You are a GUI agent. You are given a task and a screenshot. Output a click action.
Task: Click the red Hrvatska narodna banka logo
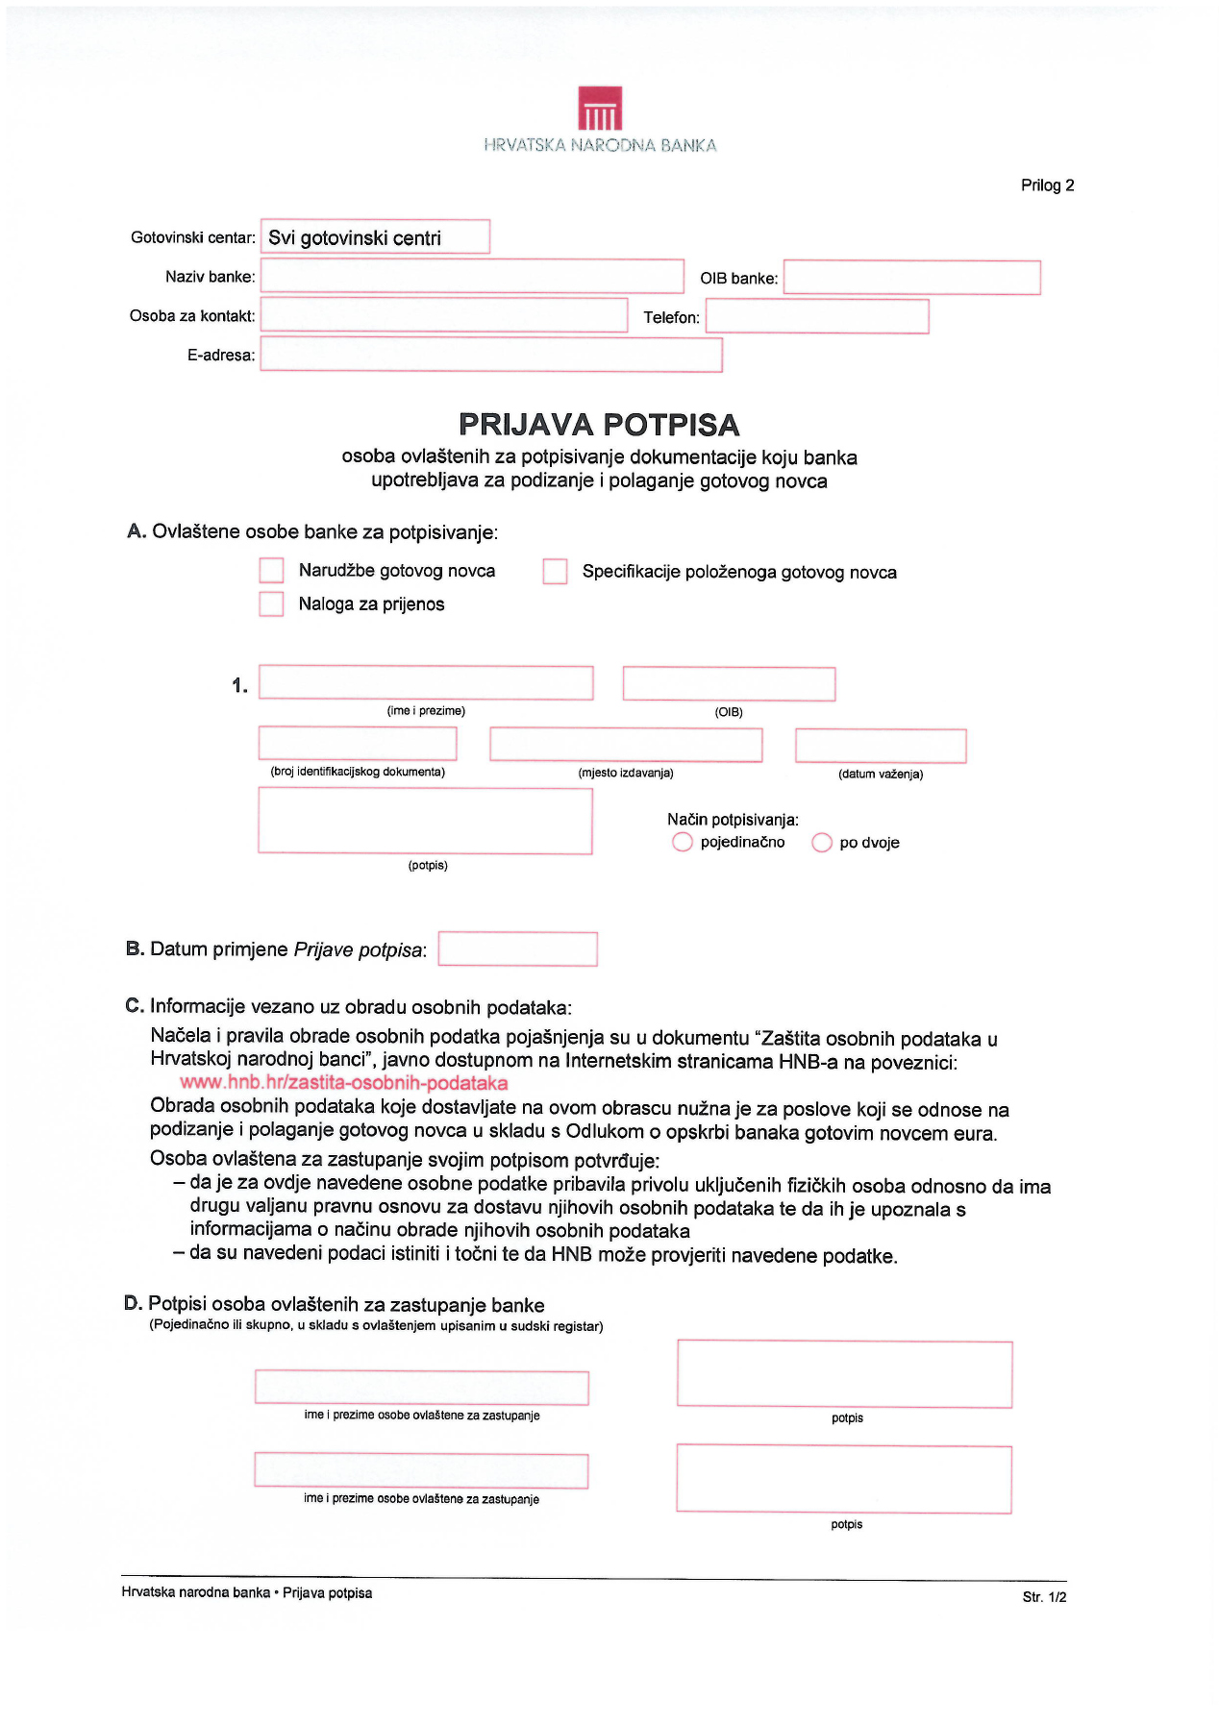600,109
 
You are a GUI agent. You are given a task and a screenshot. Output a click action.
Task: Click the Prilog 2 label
1047,185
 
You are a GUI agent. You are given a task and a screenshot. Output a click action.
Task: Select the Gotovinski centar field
375,237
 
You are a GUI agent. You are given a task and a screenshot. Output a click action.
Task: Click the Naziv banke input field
472,277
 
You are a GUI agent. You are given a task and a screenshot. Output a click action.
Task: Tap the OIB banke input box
911,278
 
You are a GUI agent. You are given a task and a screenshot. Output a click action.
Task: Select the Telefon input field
817,317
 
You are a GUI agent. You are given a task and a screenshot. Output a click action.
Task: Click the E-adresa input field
491,355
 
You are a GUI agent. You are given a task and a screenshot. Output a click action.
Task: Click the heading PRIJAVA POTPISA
599,425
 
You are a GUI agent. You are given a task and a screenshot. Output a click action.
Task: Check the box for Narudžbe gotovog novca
272,571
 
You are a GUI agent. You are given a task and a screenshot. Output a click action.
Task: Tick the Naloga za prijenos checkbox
272,604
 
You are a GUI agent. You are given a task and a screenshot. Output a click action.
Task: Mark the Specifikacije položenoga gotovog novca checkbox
555,572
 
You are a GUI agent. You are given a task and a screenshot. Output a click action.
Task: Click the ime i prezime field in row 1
426,683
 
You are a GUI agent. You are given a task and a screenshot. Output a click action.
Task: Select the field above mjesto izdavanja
626,746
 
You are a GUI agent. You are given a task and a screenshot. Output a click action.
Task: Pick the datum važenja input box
881,747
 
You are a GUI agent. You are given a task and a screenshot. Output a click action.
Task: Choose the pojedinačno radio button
683,843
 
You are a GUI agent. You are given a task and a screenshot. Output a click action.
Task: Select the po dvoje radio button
822,843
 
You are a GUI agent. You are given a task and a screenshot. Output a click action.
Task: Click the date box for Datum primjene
517,949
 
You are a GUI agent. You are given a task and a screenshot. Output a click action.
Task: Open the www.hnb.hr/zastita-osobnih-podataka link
344,1083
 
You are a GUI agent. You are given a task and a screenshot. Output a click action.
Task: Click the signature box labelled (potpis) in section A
425,822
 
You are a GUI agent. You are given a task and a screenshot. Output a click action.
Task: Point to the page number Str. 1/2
1044,1597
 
